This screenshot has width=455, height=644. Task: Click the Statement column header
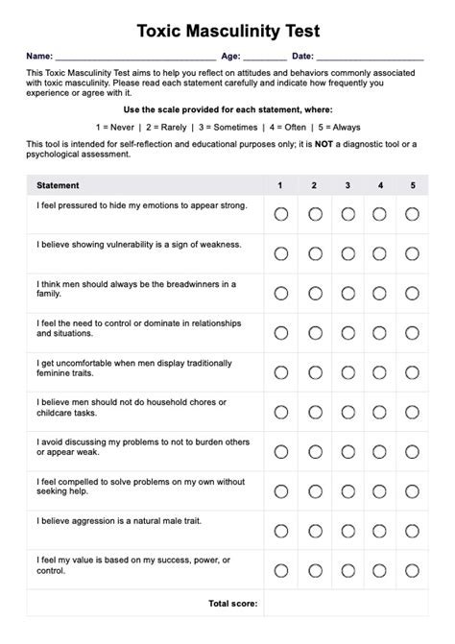(58, 185)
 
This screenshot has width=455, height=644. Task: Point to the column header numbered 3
(347, 185)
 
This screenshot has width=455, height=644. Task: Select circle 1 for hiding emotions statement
(280, 214)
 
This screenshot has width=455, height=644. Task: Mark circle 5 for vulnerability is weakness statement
(413, 253)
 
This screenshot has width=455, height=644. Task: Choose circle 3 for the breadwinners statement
(347, 293)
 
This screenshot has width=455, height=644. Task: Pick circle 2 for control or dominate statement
(315, 332)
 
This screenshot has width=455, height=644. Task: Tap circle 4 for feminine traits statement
(380, 372)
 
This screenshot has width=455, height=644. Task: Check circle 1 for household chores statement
(280, 412)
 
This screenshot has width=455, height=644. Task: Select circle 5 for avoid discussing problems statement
(413, 451)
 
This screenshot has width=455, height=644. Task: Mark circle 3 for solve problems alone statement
(347, 490)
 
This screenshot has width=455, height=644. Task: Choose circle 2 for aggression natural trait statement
(315, 530)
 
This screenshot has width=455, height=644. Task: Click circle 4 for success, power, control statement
(380, 570)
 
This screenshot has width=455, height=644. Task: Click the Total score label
(232, 604)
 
